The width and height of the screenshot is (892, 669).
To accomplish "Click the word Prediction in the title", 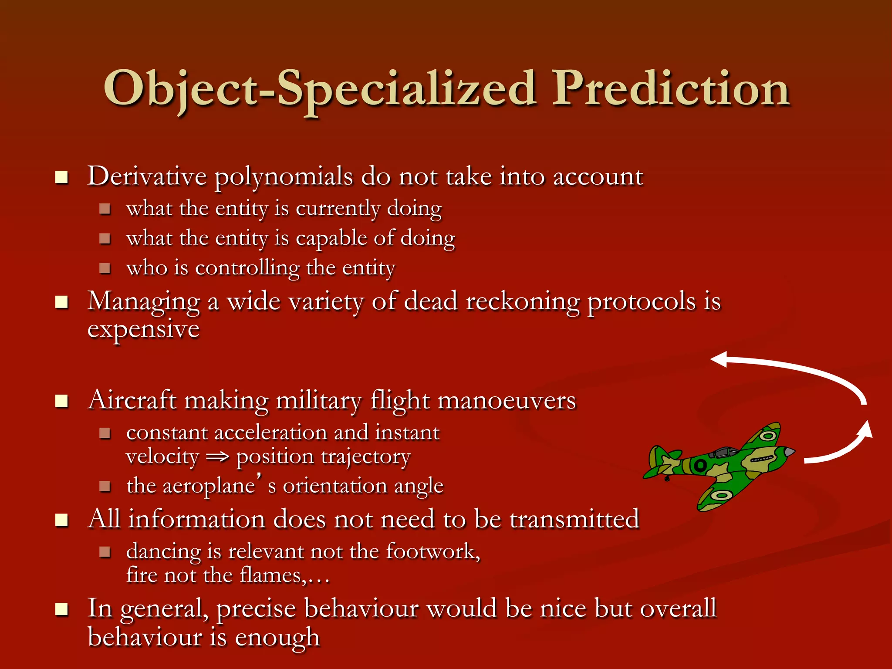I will click(671, 89).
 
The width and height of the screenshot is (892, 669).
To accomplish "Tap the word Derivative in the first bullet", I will click(147, 176).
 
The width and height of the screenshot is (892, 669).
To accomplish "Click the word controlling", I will click(247, 268).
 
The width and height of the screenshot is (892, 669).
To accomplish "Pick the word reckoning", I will click(523, 301).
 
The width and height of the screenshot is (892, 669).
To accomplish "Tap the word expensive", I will click(143, 330).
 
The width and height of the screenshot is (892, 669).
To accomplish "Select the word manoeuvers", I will click(506, 401).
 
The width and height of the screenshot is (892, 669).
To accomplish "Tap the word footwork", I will click(433, 552).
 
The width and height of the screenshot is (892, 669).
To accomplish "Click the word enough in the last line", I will click(277, 638).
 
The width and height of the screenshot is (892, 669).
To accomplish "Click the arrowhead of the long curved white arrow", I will click(720, 360).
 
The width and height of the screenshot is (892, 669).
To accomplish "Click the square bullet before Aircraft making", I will click(62, 401).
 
